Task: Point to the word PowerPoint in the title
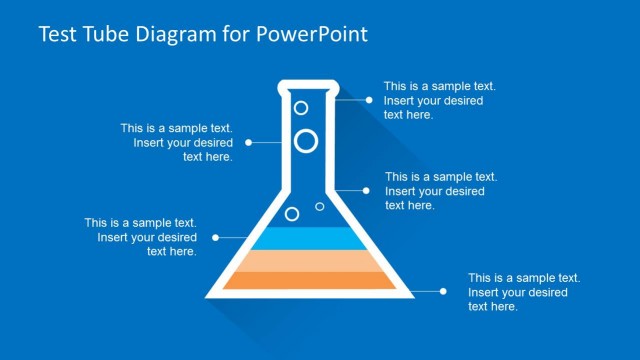point(313,35)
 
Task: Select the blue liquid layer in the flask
point(309,238)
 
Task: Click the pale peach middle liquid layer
point(309,260)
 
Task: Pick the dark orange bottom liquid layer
point(309,281)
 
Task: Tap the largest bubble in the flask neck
point(306,141)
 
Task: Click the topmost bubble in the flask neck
point(301,106)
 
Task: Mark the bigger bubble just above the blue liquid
point(292,214)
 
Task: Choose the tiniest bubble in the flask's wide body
point(320,206)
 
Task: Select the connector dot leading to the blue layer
point(216,238)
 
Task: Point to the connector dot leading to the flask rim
point(369,100)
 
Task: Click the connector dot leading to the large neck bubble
point(249,142)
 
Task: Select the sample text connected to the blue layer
point(140,237)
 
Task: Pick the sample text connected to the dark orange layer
point(524,292)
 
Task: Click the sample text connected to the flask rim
point(439,100)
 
